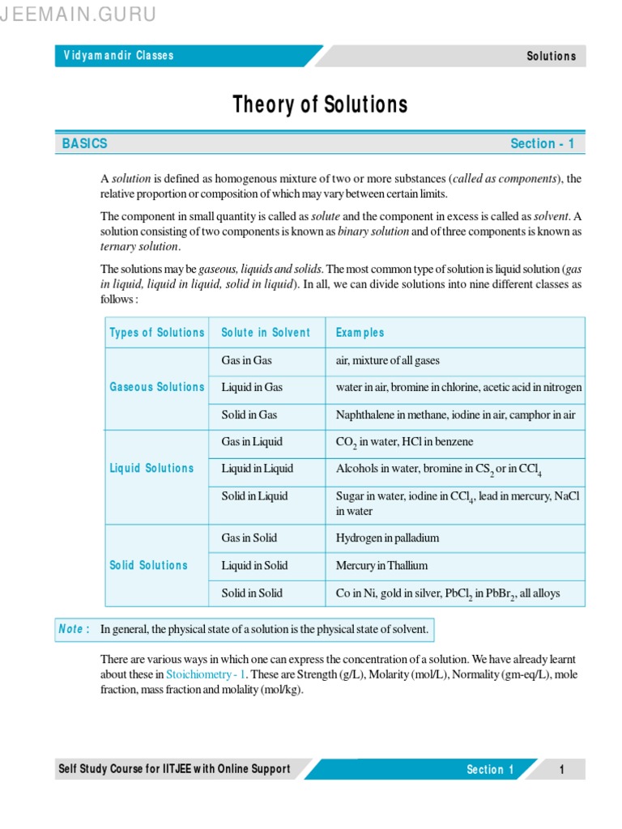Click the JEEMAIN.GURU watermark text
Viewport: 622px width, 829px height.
pyautogui.click(x=78, y=15)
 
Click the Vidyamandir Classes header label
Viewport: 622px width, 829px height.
pyautogui.click(x=119, y=56)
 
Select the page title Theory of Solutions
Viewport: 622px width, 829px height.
pyautogui.click(x=320, y=104)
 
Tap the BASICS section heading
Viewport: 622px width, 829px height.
pyautogui.click(x=84, y=143)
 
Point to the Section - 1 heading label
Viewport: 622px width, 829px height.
pyautogui.click(x=542, y=143)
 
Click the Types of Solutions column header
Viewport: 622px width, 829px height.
pyautogui.click(x=157, y=333)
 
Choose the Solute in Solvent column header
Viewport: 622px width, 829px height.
pyautogui.click(x=266, y=333)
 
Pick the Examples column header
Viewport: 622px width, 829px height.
pyautogui.click(x=360, y=333)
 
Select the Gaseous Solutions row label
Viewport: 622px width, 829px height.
pyautogui.click(x=157, y=387)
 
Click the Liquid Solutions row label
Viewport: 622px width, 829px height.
pyautogui.click(x=152, y=468)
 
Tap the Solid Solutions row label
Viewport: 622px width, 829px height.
pyautogui.click(x=149, y=565)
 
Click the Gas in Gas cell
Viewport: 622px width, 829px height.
pyautogui.click(x=247, y=360)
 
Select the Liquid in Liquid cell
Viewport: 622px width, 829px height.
pyautogui.click(x=258, y=468)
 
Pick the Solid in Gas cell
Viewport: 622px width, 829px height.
pyautogui.click(x=249, y=414)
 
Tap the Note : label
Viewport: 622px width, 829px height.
pyautogui.click(x=75, y=629)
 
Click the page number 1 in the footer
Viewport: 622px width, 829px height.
pyautogui.click(x=561, y=770)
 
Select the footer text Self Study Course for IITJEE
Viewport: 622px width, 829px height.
pyautogui.click(x=173, y=769)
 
